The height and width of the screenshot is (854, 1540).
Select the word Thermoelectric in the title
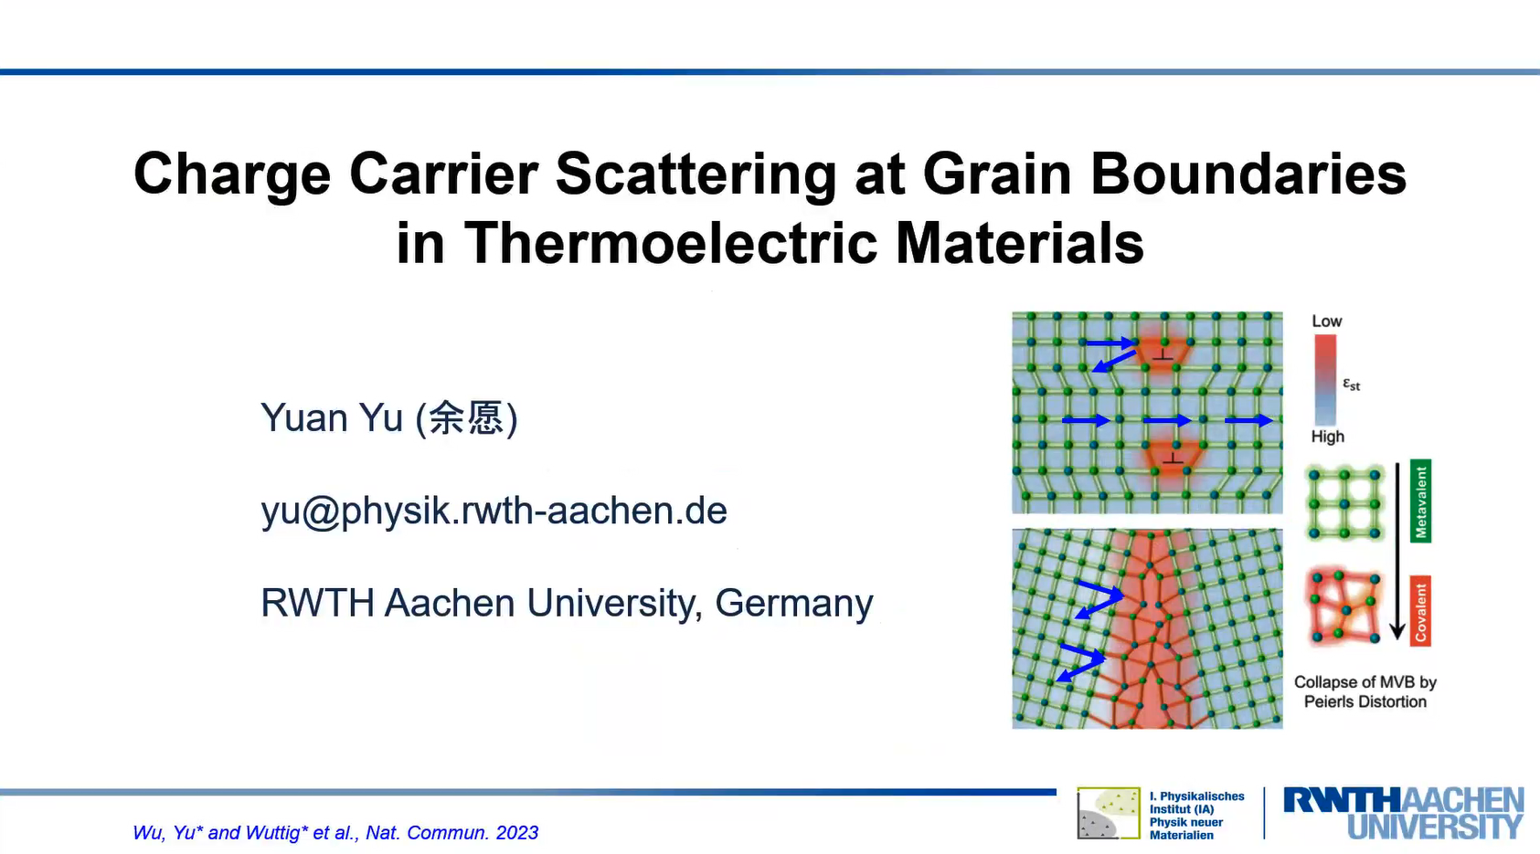tap(671, 243)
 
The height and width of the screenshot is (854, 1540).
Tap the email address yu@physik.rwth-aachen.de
tap(494, 511)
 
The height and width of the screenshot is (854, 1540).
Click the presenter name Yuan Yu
tap(332, 417)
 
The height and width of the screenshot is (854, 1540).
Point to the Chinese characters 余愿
tap(467, 417)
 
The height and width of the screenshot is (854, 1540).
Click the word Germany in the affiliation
tap(794, 603)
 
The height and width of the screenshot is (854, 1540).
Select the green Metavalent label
tap(1420, 501)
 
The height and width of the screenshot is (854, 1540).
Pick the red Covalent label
tap(1420, 610)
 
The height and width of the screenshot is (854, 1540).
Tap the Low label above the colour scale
tap(1326, 321)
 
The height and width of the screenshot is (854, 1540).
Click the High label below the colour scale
tap(1328, 437)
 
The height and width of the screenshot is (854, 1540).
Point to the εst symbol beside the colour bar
tap(1352, 385)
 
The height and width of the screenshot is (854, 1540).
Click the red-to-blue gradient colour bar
tap(1325, 379)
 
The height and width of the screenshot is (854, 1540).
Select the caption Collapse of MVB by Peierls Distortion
tap(1365, 691)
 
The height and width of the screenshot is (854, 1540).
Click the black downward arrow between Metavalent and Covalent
tap(1397, 551)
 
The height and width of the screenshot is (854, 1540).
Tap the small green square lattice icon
tap(1344, 503)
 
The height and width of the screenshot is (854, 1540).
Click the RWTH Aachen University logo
tap(1403, 814)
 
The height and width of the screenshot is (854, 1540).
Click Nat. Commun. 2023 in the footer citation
tap(451, 833)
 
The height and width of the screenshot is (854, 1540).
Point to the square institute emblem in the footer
tap(1109, 814)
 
